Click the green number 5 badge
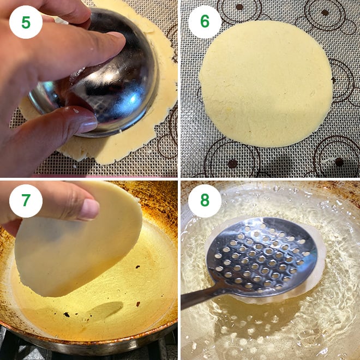pos(26,22)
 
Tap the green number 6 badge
pos(205,22)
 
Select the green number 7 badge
pos(26,201)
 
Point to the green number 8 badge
pos(205,201)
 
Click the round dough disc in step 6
pos(266,83)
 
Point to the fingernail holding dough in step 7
pos(90,209)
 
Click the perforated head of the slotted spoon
pos(262,256)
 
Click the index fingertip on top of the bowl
pos(115,41)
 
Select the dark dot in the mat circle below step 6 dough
pos(233,164)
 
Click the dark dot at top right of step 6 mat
pos(325,13)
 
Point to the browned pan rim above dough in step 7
pos(156,202)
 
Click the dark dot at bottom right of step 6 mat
pos(339,162)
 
